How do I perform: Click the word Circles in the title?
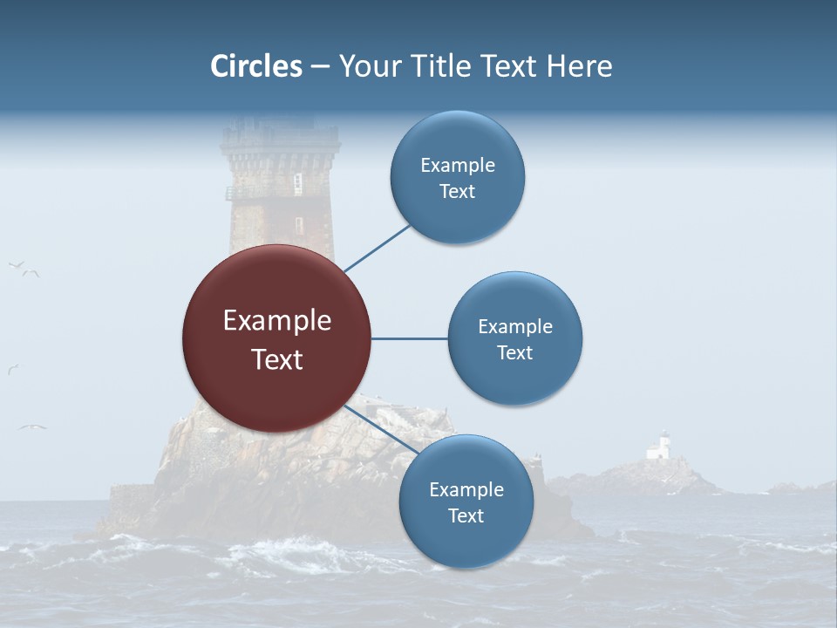(256, 66)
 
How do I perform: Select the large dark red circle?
(276, 338)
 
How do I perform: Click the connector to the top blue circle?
(378, 248)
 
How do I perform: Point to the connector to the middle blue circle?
(410, 338)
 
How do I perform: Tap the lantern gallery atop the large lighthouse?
(280, 140)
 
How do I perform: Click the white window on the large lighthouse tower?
(297, 183)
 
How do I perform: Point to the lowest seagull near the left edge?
(32, 427)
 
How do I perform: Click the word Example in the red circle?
(277, 321)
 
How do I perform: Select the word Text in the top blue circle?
(458, 192)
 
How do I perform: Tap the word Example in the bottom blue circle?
(466, 489)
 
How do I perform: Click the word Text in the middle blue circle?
(514, 352)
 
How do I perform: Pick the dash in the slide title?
(320, 66)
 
